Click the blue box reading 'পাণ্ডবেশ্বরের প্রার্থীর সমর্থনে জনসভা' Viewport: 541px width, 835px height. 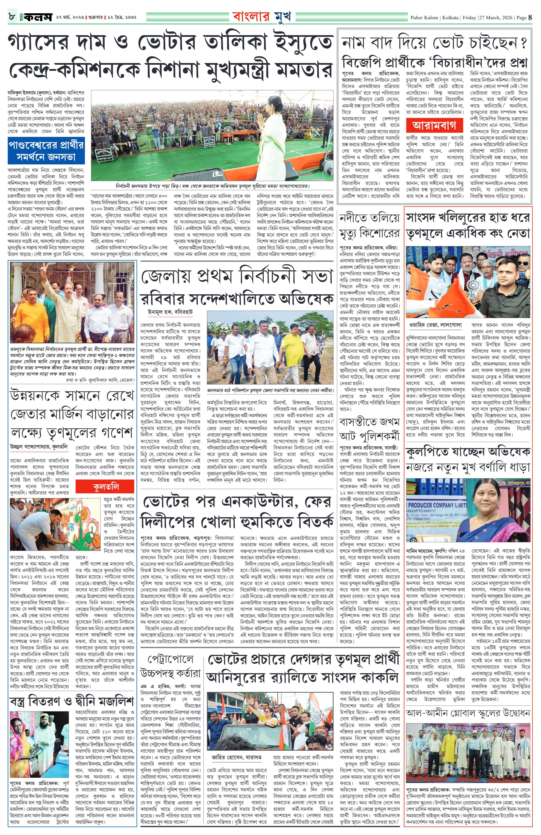(x=46, y=151)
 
